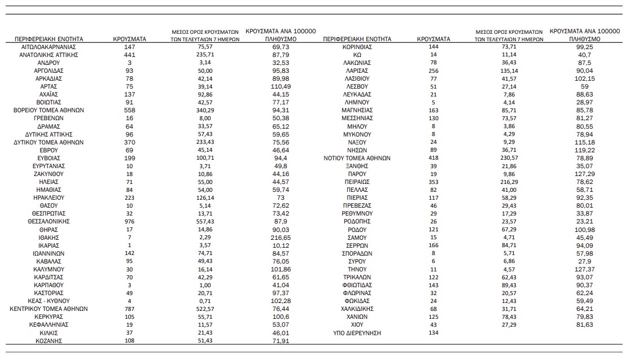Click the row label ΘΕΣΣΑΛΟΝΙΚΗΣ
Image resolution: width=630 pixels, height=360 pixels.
tap(49, 222)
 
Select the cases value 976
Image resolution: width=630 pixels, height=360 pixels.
tap(129, 222)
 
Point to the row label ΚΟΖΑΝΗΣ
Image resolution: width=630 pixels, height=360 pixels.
tap(49, 341)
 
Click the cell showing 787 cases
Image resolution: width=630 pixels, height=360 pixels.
tap(129, 309)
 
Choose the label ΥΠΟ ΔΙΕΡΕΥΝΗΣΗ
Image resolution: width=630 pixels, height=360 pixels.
tap(357, 333)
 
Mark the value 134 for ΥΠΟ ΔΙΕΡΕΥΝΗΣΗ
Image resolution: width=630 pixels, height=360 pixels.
tap(434, 333)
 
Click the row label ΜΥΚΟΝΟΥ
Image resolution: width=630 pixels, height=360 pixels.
tap(357, 135)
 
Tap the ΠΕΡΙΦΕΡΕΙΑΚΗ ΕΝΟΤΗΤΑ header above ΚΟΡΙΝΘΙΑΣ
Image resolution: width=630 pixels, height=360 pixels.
tap(357, 39)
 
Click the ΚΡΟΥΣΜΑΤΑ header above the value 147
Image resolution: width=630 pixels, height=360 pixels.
tap(129, 39)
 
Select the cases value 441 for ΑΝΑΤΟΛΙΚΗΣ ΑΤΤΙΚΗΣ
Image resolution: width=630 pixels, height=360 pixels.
tap(129, 55)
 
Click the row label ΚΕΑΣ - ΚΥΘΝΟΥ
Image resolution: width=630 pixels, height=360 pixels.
tap(49, 301)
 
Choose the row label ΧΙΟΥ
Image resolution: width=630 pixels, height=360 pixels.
tap(357, 326)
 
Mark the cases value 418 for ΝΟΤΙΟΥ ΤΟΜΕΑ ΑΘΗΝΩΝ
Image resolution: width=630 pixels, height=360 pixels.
tap(434, 159)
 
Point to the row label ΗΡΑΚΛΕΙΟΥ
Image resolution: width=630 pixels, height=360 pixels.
tap(49, 198)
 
